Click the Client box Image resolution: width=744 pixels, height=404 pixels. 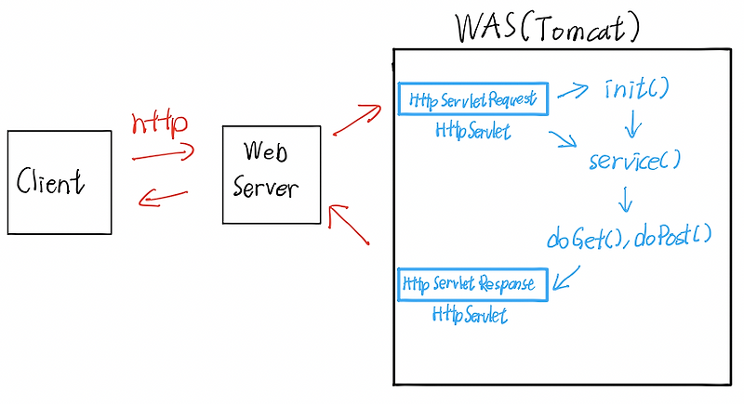point(60,182)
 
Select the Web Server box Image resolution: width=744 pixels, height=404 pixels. point(272,175)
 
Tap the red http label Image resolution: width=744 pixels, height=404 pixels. point(160,123)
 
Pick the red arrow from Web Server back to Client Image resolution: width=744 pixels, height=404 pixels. point(163,197)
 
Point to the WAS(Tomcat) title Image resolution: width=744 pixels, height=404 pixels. point(548,28)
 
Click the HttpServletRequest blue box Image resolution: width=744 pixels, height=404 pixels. point(473,98)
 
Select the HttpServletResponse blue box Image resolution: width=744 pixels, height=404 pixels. point(473,283)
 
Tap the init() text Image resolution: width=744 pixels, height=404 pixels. point(637,90)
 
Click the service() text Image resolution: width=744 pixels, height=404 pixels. point(635,161)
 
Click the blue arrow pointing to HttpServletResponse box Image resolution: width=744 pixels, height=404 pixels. point(567,278)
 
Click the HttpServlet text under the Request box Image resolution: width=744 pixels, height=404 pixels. point(472,132)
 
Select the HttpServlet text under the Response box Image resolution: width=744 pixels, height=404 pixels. point(470,316)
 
